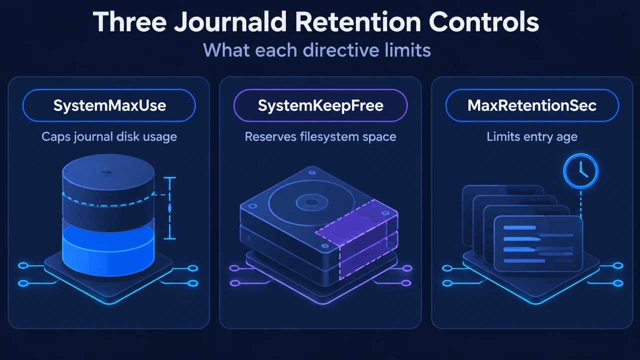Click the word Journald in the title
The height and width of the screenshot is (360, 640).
click(230, 22)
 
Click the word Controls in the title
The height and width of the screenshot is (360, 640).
click(483, 22)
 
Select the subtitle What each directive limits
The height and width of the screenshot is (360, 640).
click(317, 50)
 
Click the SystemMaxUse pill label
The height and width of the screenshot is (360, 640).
click(109, 105)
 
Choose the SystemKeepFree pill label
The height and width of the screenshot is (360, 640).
click(320, 105)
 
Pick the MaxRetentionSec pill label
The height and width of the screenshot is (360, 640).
click(532, 105)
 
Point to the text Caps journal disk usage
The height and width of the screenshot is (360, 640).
click(109, 136)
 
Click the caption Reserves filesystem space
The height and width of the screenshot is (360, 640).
click(320, 136)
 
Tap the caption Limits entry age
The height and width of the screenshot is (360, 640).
click(532, 136)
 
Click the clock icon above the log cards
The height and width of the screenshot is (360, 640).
click(581, 171)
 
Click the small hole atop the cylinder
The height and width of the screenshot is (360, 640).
click(107, 172)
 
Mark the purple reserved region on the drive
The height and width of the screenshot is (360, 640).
click(357, 239)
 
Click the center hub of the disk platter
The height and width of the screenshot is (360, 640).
click(311, 202)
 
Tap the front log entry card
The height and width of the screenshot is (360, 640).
click(538, 243)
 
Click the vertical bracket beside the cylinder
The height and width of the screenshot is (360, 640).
click(169, 208)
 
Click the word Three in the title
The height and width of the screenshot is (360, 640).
click(129, 22)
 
